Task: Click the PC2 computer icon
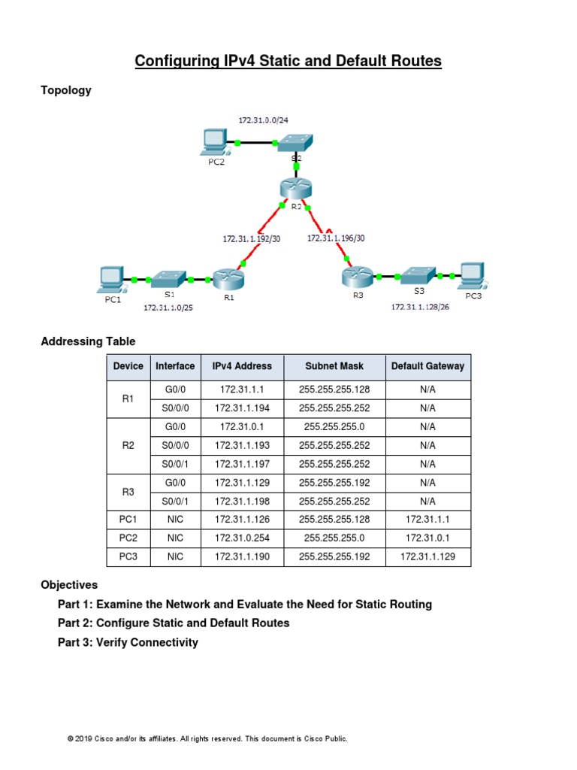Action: click(x=216, y=141)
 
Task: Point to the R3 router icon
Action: click(x=357, y=277)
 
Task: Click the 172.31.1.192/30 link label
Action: click(x=251, y=238)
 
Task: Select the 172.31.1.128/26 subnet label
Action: click(x=420, y=307)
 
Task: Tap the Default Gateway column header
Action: click(x=427, y=366)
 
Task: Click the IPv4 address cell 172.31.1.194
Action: click(x=242, y=408)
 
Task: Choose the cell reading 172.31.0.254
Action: click(x=242, y=538)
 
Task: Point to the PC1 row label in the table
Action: click(x=128, y=520)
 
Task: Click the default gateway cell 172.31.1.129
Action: click(x=427, y=557)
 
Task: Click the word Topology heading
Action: click(x=66, y=90)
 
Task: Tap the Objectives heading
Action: click(x=69, y=584)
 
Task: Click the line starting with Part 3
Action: click(x=128, y=642)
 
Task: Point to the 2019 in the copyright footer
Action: click(x=83, y=739)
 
